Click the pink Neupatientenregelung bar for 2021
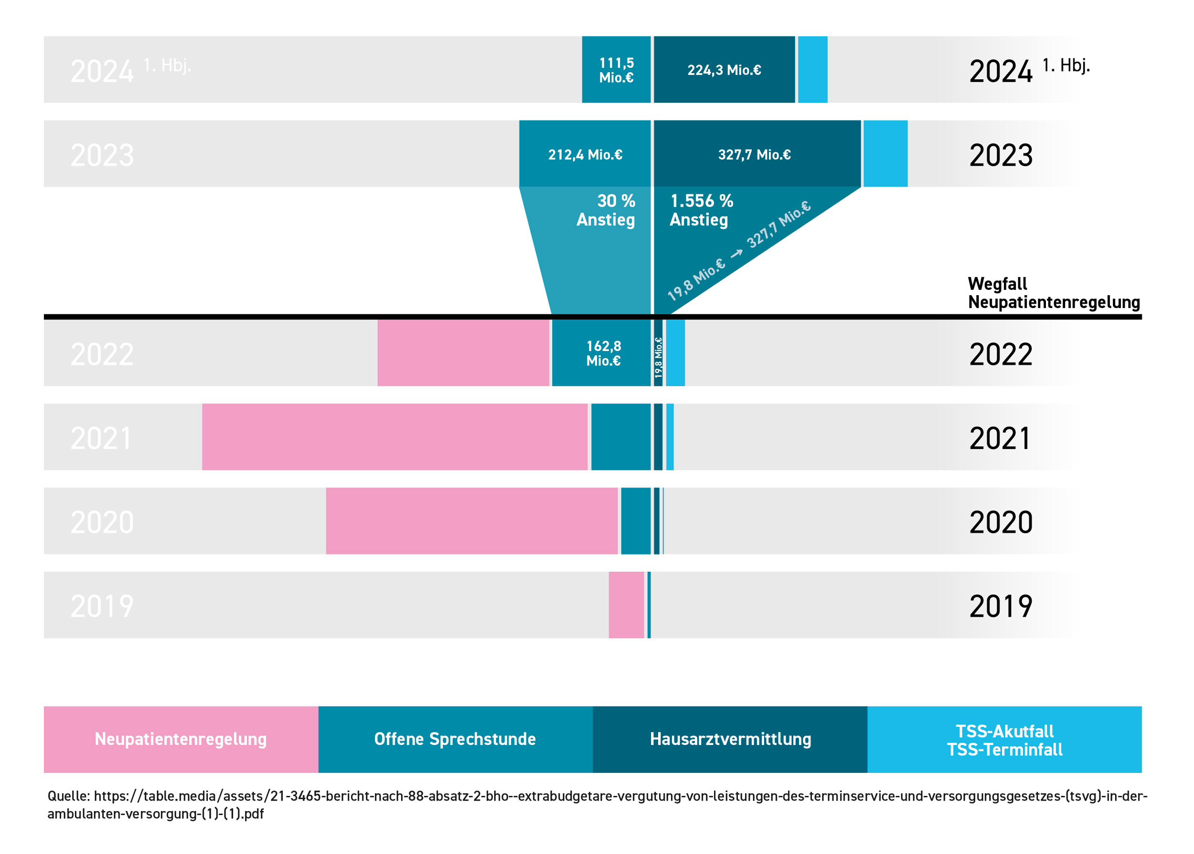pos(394,437)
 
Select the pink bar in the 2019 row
pos(626,605)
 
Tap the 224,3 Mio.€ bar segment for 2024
pos(724,70)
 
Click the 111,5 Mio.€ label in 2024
pos(616,70)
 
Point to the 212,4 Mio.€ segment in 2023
pos(585,154)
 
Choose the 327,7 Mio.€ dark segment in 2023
pos(754,154)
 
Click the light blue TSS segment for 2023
pos(885,153)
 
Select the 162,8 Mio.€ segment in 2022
pos(603,353)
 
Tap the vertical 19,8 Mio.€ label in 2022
pos(658,358)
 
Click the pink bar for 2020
pos(471,521)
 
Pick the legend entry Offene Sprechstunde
pos(455,739)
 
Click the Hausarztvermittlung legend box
pos(730,739)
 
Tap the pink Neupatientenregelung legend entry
pos(181,739)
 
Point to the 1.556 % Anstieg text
pos(701,210)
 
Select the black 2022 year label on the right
pos(1000,354)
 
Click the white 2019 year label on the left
pos(102,606)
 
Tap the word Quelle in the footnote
pos(68,796)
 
